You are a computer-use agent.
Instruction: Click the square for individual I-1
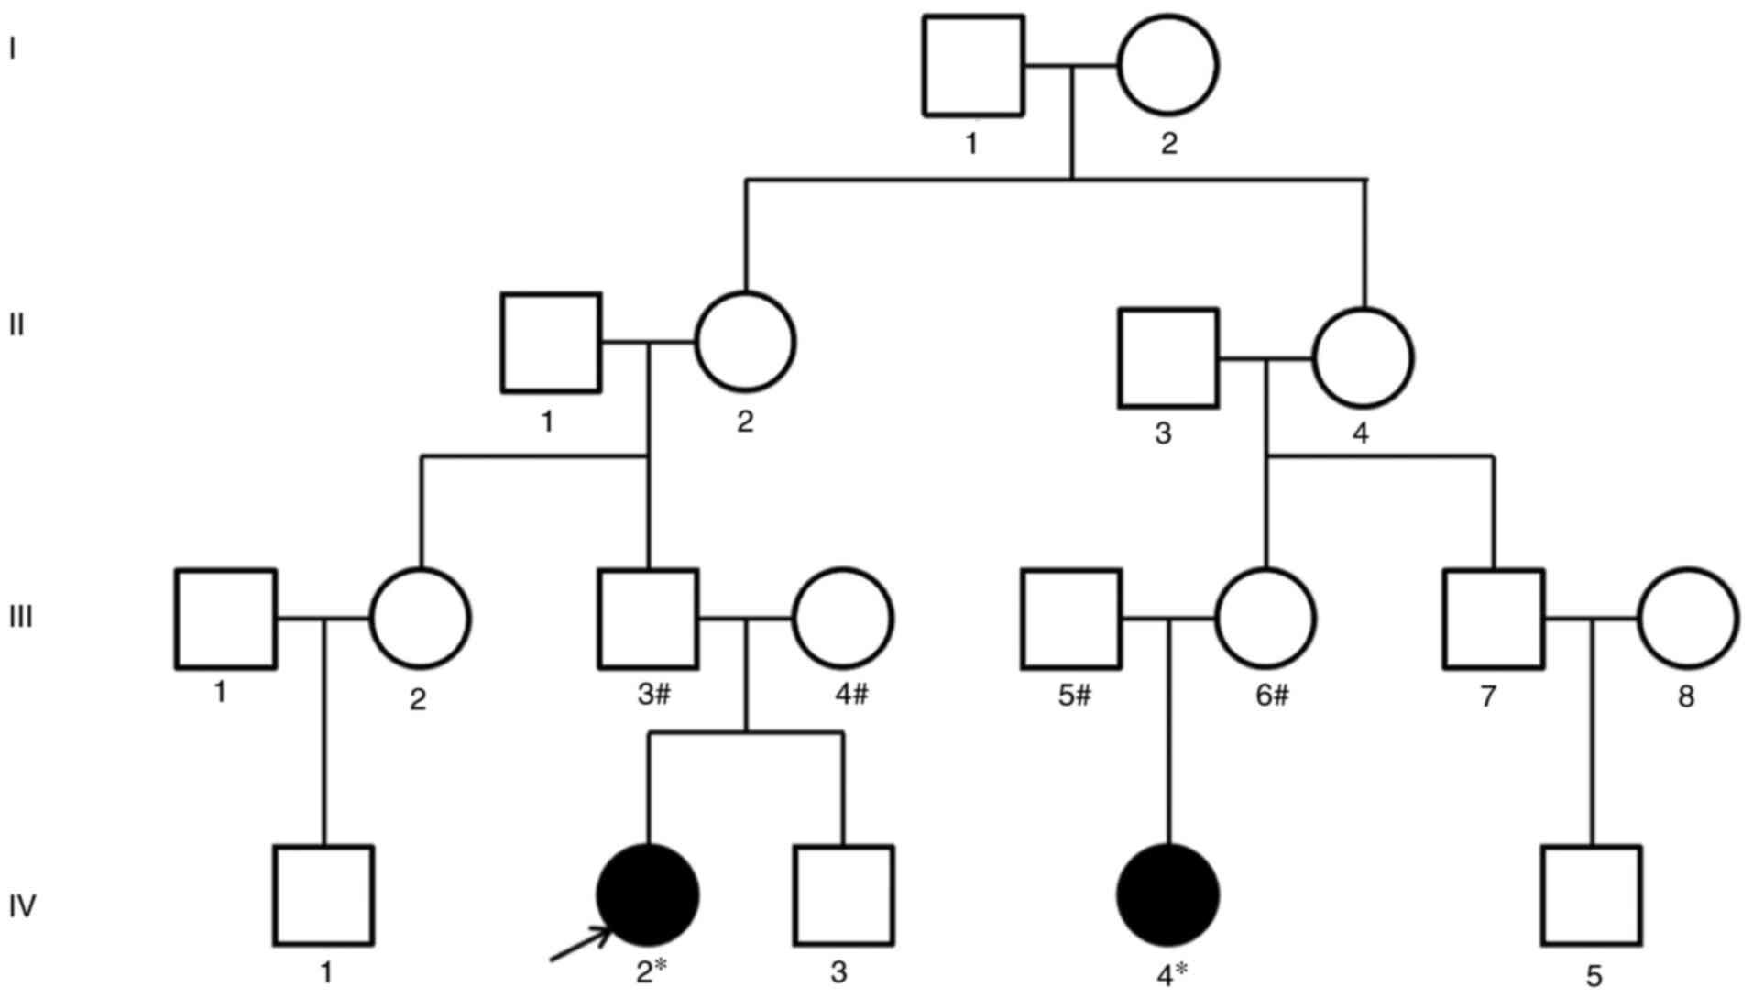coord(972,66)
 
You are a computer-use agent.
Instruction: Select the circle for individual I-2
coord(1167,66)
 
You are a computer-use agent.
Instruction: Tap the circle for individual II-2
coord(745,342)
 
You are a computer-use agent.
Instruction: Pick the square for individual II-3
coord(1168,357)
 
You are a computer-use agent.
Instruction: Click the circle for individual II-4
coord(1363,357)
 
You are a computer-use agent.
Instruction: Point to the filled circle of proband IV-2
coord(648,894)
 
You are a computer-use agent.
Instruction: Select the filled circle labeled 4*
coord(1168,894)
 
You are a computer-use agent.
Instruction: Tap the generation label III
coord(20,617)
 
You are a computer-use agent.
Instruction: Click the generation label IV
coord(22,906)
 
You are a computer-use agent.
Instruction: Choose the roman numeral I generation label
coord(13,49)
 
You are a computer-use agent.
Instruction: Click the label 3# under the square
coord(653,696)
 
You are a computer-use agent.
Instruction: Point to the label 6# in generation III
coord(1271,696)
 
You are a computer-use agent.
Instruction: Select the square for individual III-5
coord(1071,619)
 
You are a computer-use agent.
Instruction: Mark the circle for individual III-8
coord(1687,619)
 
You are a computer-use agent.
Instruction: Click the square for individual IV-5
coord(1591,895)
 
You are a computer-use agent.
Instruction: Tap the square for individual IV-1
coord(323,895)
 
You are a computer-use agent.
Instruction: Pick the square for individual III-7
coord(1494,619)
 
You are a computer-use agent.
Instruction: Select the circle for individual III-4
coord(842,619)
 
